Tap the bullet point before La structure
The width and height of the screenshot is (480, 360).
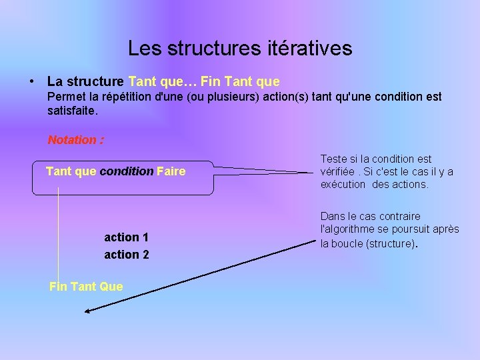coord(32,82)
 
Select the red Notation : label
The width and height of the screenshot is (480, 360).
coord(75,140)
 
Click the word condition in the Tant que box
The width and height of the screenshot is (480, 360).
coord(127,171)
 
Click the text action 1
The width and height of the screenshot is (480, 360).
coord(127,237)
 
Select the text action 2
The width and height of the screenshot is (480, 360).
coord(127,255)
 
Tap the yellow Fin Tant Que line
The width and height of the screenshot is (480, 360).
coord(86,286)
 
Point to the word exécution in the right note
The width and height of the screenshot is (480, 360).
coord(343,184)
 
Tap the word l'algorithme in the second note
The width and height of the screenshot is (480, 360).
coord(349,229)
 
